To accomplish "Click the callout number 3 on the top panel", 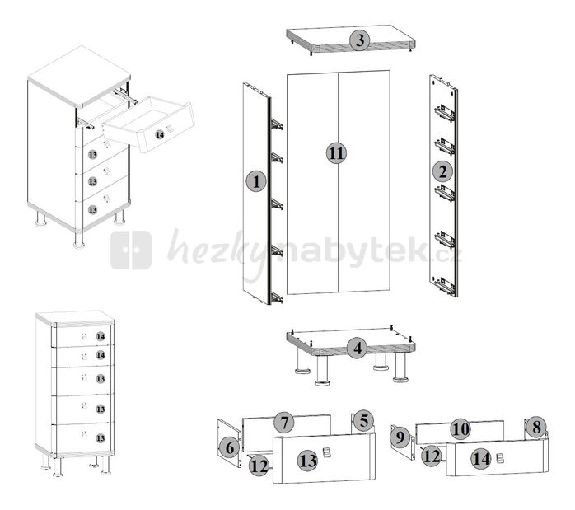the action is pos(360,40).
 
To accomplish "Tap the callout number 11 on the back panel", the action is pos(337,153).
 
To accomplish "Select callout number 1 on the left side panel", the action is pos(256,181).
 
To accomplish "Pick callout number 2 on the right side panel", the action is pos(443,171).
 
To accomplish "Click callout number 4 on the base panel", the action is pos(358,348).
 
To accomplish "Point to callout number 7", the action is pos(284,423).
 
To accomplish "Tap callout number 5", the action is pos(363,420).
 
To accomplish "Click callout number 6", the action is pos(230,447).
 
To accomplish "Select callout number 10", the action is pos(460,429).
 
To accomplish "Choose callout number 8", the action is pos(536,427).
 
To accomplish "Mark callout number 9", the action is pos(400,437).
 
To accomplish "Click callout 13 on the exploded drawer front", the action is pos(307,461).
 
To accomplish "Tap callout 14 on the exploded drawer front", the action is pos(481,459).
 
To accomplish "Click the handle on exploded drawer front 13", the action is pos(326,453).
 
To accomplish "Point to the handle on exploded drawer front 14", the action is pos(499,458).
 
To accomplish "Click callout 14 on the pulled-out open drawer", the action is pos(160,134).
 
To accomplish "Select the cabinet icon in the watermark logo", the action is pos(131,250).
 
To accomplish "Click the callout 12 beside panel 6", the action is pos(259,466).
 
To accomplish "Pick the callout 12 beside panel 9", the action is pos(432,456).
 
